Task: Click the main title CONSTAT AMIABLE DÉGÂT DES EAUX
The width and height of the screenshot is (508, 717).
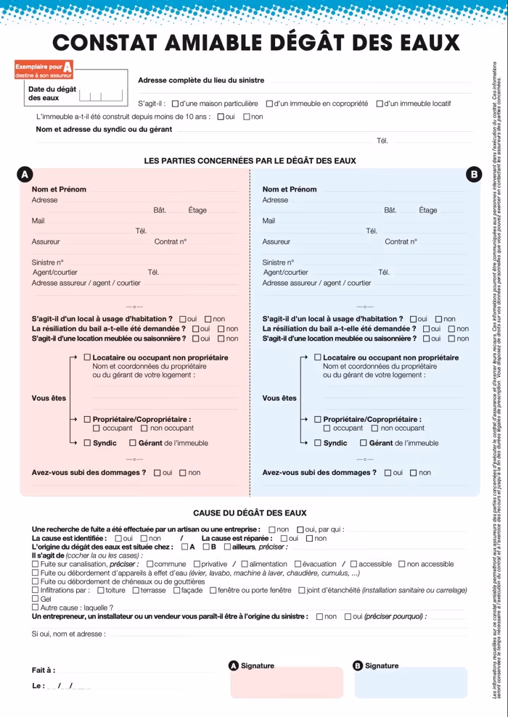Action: click(256, 43)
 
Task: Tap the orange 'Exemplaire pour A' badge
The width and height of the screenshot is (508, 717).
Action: click(44, 70)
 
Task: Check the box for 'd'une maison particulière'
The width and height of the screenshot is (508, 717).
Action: click(175, 104)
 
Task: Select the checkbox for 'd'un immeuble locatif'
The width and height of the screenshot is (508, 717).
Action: click(380, 104)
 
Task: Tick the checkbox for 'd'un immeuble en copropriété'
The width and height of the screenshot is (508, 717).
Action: click(269, 104)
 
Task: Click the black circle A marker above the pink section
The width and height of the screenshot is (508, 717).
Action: click(25, 175)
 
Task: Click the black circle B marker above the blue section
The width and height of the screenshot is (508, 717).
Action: click(474, 175)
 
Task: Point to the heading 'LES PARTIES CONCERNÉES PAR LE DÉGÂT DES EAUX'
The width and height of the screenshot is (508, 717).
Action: click(250, 160)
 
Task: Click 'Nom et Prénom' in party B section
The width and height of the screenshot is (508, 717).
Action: click(289, 189)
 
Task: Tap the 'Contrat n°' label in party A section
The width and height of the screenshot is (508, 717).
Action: click(170, 241)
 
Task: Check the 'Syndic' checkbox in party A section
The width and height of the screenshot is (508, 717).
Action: click(88, 443)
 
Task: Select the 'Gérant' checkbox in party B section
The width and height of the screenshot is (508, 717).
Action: click(364, 443)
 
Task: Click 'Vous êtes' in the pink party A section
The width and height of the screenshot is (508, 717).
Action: click(49, 398)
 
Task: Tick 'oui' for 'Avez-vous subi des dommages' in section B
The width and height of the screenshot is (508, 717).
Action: click(388, 473)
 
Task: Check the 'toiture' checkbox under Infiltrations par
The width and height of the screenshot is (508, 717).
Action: click(100, 590)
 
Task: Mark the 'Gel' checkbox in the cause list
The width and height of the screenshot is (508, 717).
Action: click(36, 600)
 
